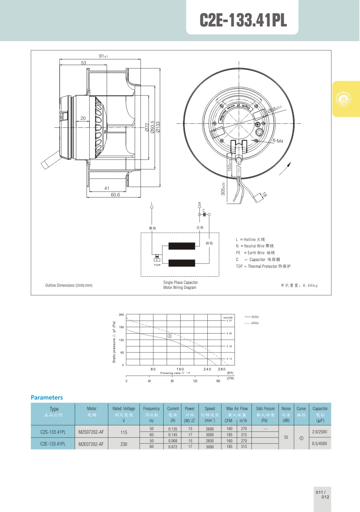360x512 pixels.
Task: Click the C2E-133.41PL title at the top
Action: pyautogui.click(x=243, y=20)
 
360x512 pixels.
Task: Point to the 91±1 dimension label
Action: pyautogui.click(x=103, y=56)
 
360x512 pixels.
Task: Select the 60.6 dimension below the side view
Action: pyautogui.click(x=115, y=195)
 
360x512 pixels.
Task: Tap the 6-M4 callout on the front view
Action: pyautogui.click(x=278, y=141)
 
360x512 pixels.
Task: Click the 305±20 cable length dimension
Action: pyautogui.click(x=223, y=189)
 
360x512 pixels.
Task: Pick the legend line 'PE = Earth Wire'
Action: pyautogui.click(x=255, y=253)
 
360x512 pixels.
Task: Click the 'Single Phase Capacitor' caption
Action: pyautogui.click(x=180, y=282)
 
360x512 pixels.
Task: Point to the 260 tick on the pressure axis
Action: pyautogui.click(x=121, y=315)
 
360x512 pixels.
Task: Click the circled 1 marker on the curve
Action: pyautogui.click(x=170, y=336)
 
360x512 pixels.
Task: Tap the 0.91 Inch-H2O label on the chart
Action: pyautogui.click(x=229, y=321)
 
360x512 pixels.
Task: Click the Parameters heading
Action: pyautogui.click(x=46, y=398)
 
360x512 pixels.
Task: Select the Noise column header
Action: pyautogui.click(x=286, y=409)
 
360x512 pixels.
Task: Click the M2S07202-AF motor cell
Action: pyautogui.click(x=91, y=432)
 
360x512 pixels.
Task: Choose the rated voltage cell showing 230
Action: pyautogui.click(x=124, y=444)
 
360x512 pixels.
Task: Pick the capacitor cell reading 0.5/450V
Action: pyautogui.click(x=320, y=444)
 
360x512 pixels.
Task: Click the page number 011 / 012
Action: pyautogui.click(x=322, y=494)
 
